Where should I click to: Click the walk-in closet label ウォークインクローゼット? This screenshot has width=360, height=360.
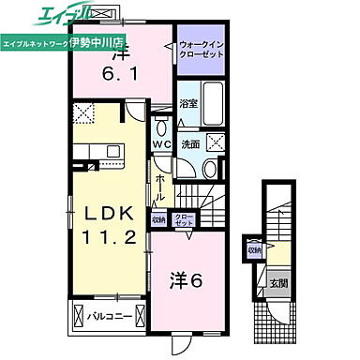(201, 50)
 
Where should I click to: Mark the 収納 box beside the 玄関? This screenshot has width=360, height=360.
(254, 250)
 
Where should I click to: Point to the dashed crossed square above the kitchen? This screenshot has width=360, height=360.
(83, 113)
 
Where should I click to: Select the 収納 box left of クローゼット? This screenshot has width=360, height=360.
(159, 219)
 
